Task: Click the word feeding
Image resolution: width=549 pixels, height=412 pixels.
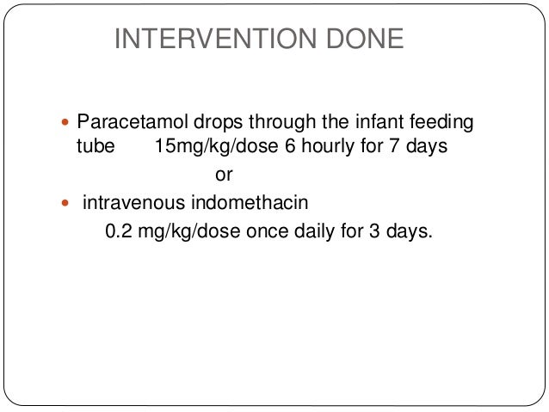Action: pyautogui.click(x=443, y=123)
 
